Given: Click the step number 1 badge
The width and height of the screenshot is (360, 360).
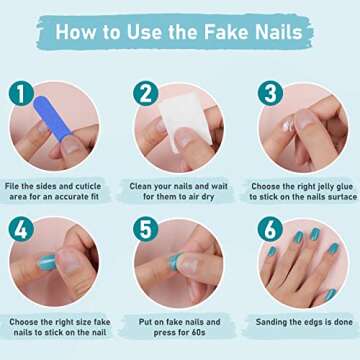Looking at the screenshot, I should click(x=19, y=94).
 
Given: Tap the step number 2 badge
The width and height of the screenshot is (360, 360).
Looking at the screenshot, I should click(x=147, y=94).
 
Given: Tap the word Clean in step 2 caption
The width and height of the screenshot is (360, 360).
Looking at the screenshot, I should click(x=146, y=186).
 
